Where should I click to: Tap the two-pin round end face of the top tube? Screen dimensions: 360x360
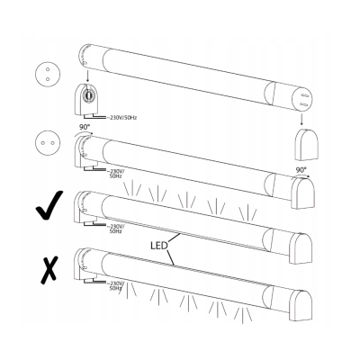click(x=302, y=95)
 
